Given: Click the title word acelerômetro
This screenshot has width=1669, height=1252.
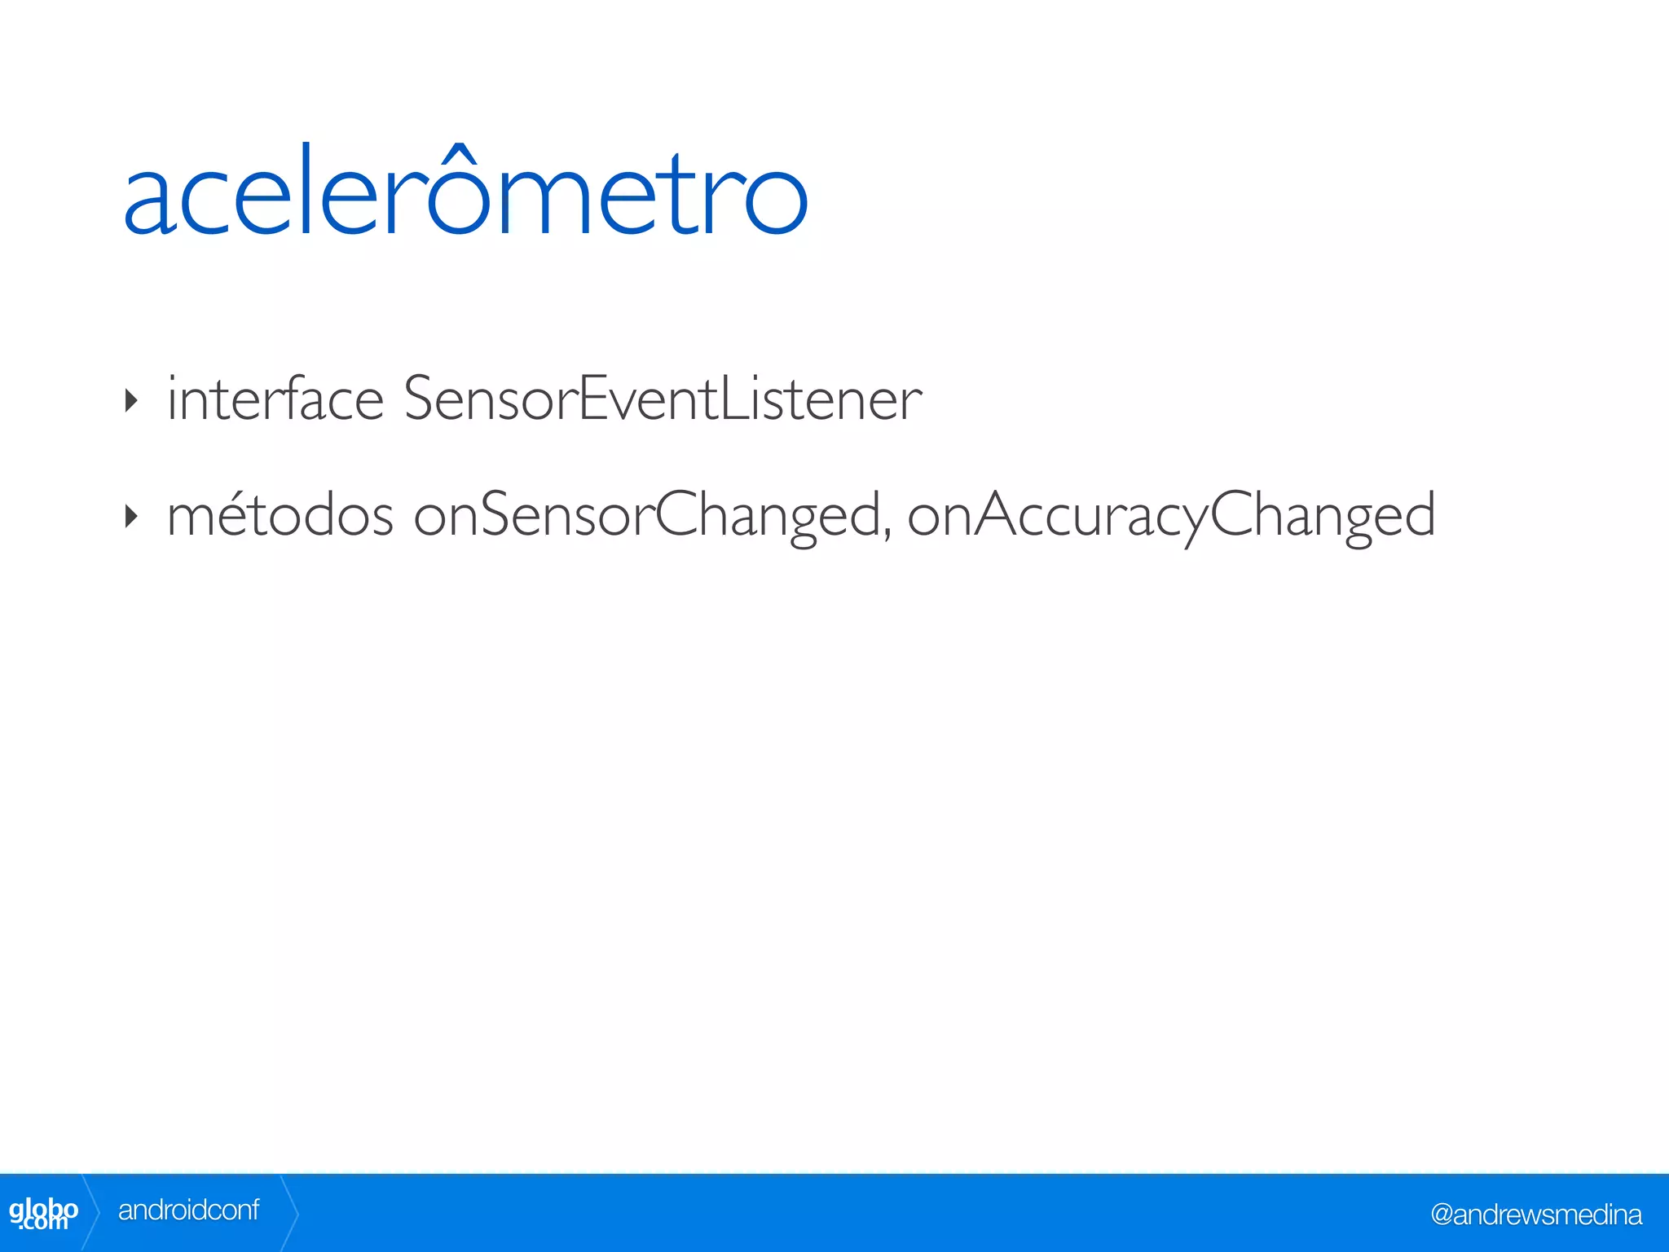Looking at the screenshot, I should pos(465,194).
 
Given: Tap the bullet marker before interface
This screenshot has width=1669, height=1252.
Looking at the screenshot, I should pos(131,400).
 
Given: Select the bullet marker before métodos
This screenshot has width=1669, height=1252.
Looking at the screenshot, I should pos(131,516).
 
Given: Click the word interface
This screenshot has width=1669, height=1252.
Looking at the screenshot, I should pos(275,399).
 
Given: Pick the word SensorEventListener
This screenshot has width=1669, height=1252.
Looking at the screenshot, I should pos(662,399).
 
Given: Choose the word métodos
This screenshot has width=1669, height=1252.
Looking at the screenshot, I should pos(280,515).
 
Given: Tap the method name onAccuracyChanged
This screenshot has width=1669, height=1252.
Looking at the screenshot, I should pos(1171,517).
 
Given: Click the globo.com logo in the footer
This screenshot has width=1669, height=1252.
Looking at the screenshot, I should pos(43,1213).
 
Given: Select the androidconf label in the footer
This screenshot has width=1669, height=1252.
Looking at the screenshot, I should pos(188,1210).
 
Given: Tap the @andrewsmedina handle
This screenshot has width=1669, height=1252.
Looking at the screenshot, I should pos(1535,1215).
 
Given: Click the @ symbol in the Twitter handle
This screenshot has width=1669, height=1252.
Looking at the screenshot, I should pos(1442,1215).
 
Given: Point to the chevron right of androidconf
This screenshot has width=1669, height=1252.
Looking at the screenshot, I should pos(290,1213).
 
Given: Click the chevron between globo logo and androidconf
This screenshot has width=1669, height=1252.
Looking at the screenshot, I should pos(92,1213).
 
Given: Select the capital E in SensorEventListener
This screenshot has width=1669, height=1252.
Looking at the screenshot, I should pos(593,399).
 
